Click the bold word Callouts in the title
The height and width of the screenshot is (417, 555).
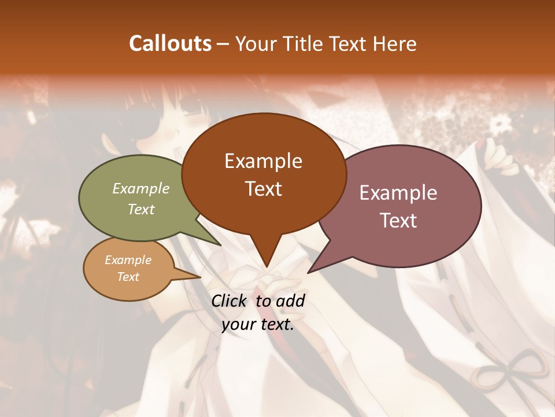click(170, 43)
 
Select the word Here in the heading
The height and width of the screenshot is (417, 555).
click(395, 43)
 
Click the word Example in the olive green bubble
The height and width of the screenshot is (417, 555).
click(141, 189)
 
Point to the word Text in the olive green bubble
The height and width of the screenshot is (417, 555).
click(141, 209)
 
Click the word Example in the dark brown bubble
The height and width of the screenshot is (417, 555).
click(263, 161)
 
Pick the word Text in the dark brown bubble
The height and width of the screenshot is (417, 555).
click(263, 189)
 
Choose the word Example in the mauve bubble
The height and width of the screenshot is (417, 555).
click(398, 193)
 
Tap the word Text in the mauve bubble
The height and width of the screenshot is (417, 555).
click(398, 221)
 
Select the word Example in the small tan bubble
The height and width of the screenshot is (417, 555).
click(128, 260)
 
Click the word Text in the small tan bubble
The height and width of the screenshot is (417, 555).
click(128, 277)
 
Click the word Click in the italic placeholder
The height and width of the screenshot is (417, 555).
click(230, 301)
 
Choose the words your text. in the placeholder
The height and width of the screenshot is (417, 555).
click(258, 324)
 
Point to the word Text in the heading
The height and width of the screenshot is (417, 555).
click(351, 43)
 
